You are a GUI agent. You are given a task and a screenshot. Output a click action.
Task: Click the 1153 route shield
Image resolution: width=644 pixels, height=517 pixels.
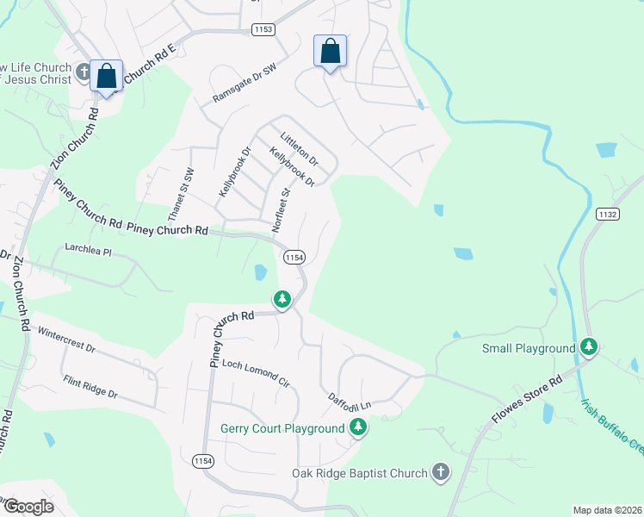coord(263,29)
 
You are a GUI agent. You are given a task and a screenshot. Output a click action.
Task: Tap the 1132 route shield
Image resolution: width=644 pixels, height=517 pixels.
coord(606,213)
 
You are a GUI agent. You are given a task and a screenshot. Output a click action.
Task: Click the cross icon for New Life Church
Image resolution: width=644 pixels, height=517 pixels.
coord(84,72)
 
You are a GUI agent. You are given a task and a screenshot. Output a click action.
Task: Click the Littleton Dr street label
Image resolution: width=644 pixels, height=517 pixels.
coord(300,148)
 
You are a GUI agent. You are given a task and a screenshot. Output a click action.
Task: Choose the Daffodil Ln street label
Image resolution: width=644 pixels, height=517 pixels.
coord(349,401)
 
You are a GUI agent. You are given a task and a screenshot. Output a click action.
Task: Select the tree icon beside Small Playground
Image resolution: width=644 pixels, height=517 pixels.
coord(589,346)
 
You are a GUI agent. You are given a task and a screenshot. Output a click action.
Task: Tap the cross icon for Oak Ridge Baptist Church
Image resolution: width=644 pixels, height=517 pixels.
coord(441,471)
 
